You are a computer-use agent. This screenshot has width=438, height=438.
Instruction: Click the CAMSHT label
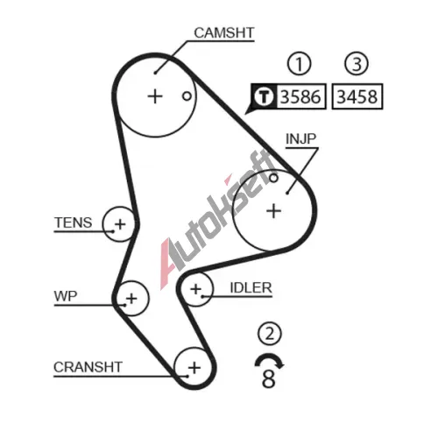tap(224, 32)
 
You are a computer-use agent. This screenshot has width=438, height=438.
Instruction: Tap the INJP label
tap(300, 139)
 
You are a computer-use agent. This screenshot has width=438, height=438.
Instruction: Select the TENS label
tap(74, 223)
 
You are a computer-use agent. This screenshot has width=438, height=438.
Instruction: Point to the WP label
tap(66, 296)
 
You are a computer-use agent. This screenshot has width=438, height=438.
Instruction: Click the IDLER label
tap(251, 288)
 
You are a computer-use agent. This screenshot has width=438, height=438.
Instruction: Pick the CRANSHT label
tap(88, 367)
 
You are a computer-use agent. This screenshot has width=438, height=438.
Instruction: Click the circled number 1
tap(299, 64)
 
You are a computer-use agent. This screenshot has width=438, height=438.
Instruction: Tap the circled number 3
tap(357, 64)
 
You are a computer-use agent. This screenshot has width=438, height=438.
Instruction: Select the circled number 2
tap(270, 334)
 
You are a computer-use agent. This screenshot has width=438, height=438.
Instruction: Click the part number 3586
tap(300, 96)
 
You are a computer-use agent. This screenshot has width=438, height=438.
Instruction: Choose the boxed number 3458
tap(357, 96)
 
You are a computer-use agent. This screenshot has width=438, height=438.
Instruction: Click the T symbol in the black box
tap(264, 96)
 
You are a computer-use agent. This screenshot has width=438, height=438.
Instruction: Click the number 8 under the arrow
tap(269, 378)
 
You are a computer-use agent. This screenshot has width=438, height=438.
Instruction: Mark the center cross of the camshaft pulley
tap(155, 96)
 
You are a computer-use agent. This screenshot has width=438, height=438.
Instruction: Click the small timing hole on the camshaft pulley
tap(187, 95)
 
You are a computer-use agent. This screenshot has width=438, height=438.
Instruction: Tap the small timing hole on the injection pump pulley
tap(273, 178)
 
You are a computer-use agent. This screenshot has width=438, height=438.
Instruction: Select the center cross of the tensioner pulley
tap(120, 224)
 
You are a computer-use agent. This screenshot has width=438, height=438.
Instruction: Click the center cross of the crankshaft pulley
tap(194, 368)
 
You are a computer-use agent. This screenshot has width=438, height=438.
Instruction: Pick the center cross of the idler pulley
tap(195, 289)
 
